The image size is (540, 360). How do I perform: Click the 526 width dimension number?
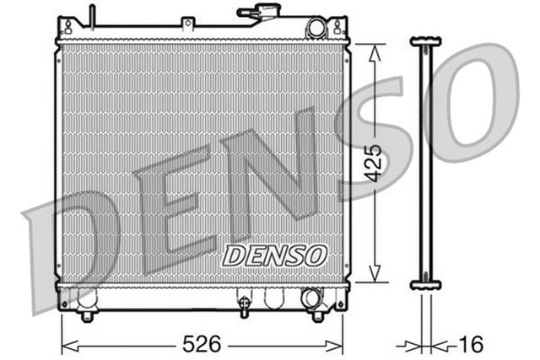pos(202,344)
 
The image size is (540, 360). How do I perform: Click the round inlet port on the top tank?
pos(316,27)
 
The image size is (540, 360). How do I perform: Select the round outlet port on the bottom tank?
pos(310,298)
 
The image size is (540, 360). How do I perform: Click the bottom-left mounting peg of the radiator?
pos(86,315)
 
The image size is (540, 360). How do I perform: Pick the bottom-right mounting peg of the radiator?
pos(317,315)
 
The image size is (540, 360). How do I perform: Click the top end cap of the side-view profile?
pos(425,40)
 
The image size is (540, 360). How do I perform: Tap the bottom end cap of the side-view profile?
pos(425,285)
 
